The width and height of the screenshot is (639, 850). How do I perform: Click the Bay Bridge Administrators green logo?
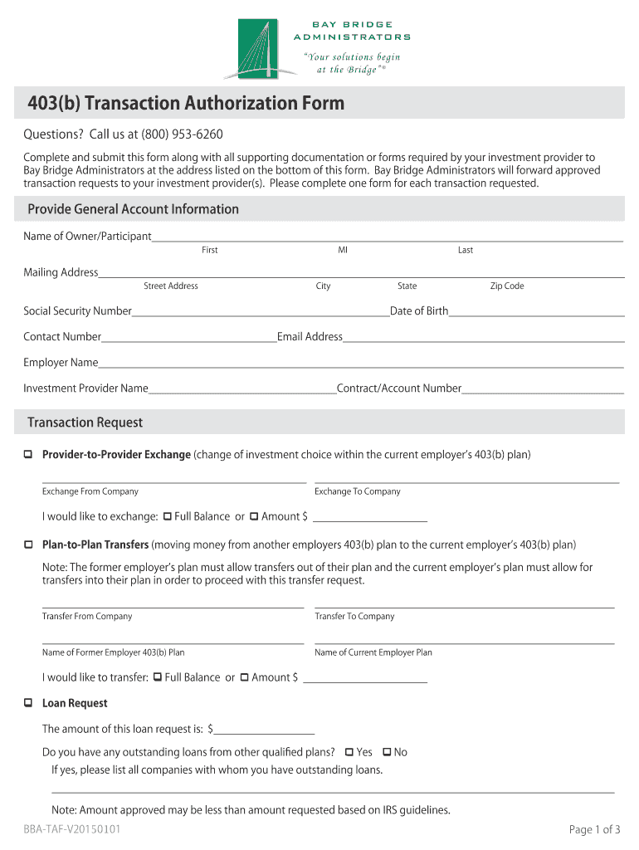pos(261,47)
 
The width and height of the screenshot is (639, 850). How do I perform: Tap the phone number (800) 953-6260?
pos(182,134)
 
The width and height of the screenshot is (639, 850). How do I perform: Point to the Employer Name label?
pos(61,363)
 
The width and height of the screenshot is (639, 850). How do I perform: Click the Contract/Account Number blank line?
pos(543,389)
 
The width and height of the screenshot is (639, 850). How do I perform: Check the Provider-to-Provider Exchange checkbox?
pos(28,454)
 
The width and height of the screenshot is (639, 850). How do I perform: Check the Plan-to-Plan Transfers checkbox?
pos(28,545)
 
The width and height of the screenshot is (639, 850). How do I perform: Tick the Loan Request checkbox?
pos(28,703)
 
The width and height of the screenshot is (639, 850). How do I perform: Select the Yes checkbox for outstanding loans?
pos(349,752)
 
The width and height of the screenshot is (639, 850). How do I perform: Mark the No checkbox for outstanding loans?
pos(387,752)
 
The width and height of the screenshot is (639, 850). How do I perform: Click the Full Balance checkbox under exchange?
pos(168,516)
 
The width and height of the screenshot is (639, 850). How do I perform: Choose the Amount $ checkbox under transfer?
pos(245,677)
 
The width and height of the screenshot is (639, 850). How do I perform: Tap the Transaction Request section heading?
pos(85,423)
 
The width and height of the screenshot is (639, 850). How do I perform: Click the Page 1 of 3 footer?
pos(594,829)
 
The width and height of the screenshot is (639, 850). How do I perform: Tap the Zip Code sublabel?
pos(506,286)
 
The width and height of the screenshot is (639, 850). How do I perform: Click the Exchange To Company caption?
pos(357,491)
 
